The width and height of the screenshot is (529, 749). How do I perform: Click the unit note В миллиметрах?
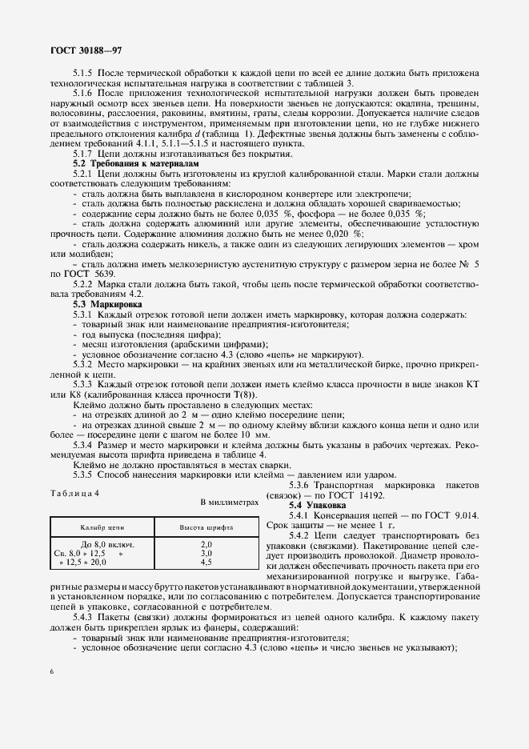click(230, 503)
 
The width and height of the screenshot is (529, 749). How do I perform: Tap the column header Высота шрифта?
click(206, 529)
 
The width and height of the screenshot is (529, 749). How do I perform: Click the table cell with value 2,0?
click(206, 544)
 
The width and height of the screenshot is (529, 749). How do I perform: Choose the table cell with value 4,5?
click(206, 563)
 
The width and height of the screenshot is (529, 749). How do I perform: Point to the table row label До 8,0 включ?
click(106, 544)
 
